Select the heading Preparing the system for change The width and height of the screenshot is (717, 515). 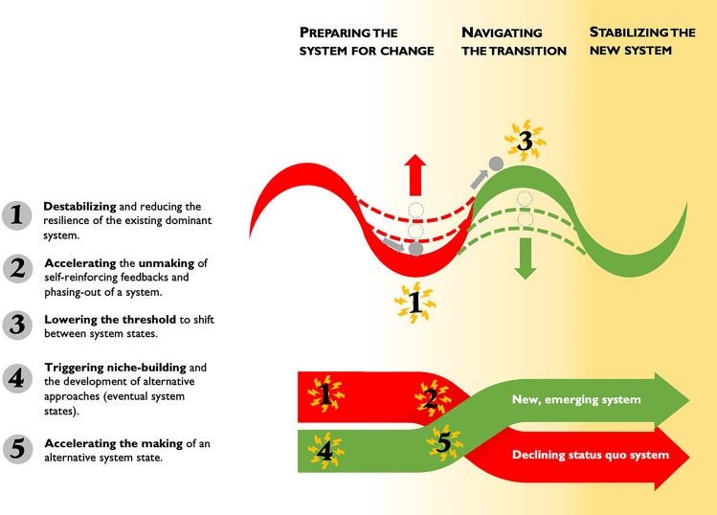[367, 41]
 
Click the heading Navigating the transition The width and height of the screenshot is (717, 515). [513, 41]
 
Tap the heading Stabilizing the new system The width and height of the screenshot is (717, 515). [642, 41]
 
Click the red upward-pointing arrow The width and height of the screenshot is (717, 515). [415, 174]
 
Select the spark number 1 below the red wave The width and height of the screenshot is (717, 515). [415, 303]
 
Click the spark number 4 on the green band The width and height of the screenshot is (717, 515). [325, 450]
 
